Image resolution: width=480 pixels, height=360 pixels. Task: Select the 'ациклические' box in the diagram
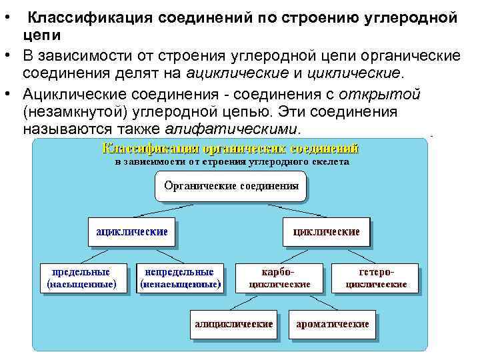click(131, 232)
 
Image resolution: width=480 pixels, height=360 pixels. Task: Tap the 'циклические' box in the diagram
click(326, 232)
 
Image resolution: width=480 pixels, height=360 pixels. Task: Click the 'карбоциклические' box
click(279, 278)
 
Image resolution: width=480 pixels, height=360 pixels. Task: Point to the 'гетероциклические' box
click(376, 278)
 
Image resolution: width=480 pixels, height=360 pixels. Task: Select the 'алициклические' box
click(233, 324)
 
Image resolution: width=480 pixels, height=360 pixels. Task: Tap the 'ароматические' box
click(333, 324)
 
